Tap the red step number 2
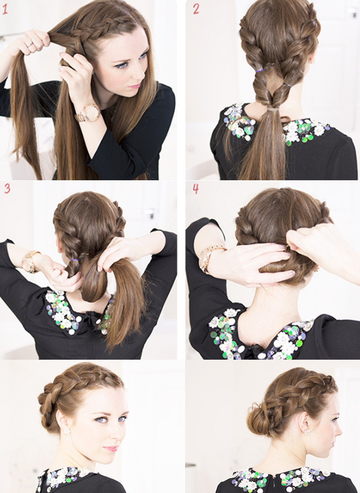(x=196, y=9)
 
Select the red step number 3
(x=7, y=188)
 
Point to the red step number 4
(x=195, y=189)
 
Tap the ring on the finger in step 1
(x=30, y=45)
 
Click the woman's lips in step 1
(x=135, y=85)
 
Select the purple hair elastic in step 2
(x=259, y=71)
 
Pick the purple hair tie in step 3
(x=74, y=260)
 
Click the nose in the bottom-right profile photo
(x=338, y=430)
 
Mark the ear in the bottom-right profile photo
(x=303, y=420)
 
